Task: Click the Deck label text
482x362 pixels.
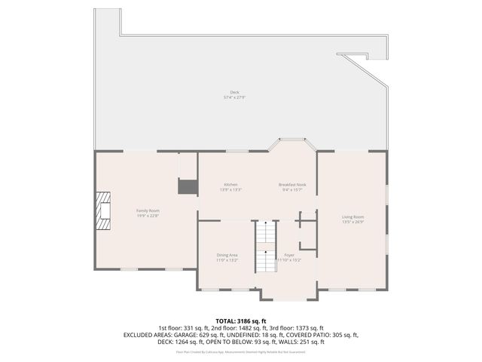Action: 235,92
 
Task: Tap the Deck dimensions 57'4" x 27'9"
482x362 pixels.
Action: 235,97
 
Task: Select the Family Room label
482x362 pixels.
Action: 148,210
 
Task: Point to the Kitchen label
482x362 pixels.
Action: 230,185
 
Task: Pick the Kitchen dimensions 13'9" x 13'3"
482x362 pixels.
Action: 230,190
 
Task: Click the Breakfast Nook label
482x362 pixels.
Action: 292,185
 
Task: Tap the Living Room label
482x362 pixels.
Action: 352,216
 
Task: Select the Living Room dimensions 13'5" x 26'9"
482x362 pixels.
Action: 352,222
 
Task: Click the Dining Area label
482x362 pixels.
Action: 227,255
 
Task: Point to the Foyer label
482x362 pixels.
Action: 290,255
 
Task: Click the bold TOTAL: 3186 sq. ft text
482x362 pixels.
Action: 241,321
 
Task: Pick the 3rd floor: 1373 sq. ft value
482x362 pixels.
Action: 298,328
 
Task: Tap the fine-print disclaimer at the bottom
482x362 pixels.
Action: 241,351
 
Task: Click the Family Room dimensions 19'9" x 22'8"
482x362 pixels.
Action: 148,216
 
